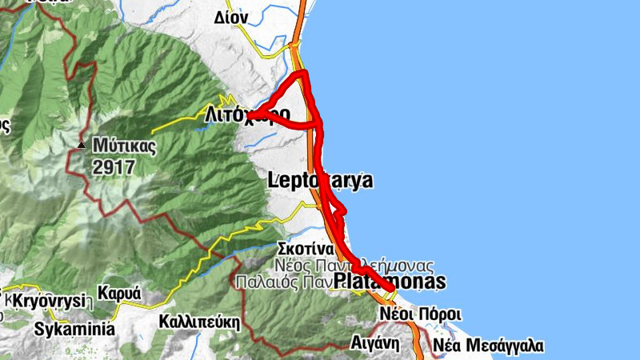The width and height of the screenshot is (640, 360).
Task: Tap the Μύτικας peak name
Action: (x=124, y=146)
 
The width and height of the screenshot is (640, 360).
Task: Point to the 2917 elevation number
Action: (x=114, y=167)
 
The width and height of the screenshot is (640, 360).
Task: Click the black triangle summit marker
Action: (x=82, y=146)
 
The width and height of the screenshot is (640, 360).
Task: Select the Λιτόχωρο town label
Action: (x=247, y=114)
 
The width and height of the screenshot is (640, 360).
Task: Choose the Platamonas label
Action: (x=389, y=282)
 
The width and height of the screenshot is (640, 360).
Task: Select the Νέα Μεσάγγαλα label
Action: (x=488, y=346)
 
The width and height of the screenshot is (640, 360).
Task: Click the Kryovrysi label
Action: (x=48, y=302)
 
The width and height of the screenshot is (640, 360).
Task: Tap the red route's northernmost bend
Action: (x=303, y=74)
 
